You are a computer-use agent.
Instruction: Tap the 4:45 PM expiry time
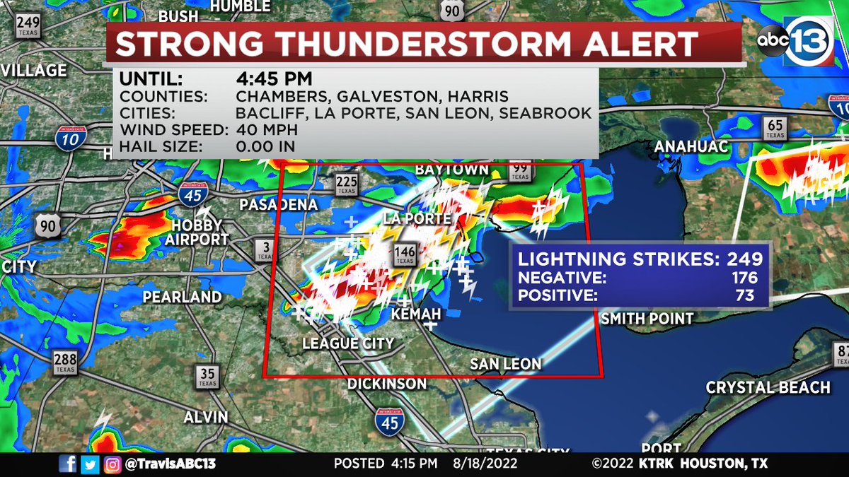[274, 78]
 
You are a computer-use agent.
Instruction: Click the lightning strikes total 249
[742, 259]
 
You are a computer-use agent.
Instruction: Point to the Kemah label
[417, 313]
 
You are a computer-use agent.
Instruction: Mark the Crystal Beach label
[768, 387]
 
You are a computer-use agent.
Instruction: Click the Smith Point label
[647, 319]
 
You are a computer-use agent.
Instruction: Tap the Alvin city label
[205, 417]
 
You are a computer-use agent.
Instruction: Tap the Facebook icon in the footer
[69, 464]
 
